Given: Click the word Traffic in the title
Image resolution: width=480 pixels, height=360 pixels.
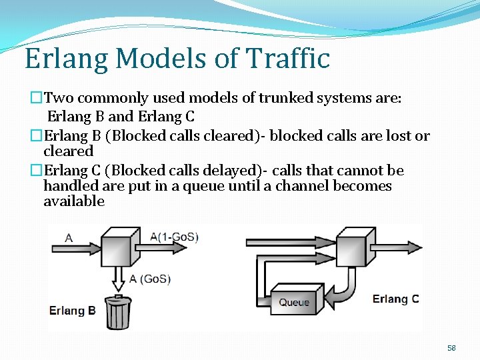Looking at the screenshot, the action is [289, 59].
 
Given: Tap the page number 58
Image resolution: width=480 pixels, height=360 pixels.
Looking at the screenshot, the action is [451, 348].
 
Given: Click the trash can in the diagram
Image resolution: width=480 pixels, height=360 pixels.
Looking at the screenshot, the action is [118, 312].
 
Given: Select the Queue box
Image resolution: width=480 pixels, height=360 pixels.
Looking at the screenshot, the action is [294, 301].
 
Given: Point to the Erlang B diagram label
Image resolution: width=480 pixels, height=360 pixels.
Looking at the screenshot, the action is [73, 311].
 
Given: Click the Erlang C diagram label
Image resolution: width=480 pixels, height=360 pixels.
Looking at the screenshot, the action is [395, 299].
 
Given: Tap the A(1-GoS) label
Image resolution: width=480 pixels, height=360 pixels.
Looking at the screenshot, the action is [174, 237].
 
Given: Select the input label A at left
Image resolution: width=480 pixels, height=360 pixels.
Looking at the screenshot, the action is [69, 237].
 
